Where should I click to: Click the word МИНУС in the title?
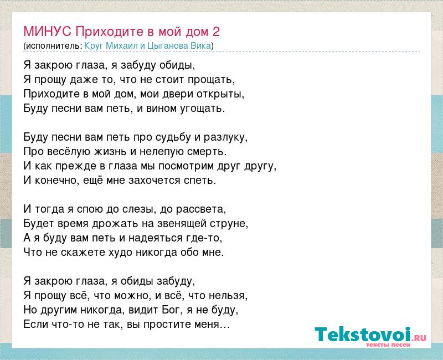[48, 32]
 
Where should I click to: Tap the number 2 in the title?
[216, 32]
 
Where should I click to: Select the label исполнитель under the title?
[53, 46]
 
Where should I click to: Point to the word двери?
[178, 94]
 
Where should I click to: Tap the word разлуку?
[225, 137]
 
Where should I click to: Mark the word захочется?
[154, 181]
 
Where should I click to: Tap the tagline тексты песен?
[388, 344]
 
